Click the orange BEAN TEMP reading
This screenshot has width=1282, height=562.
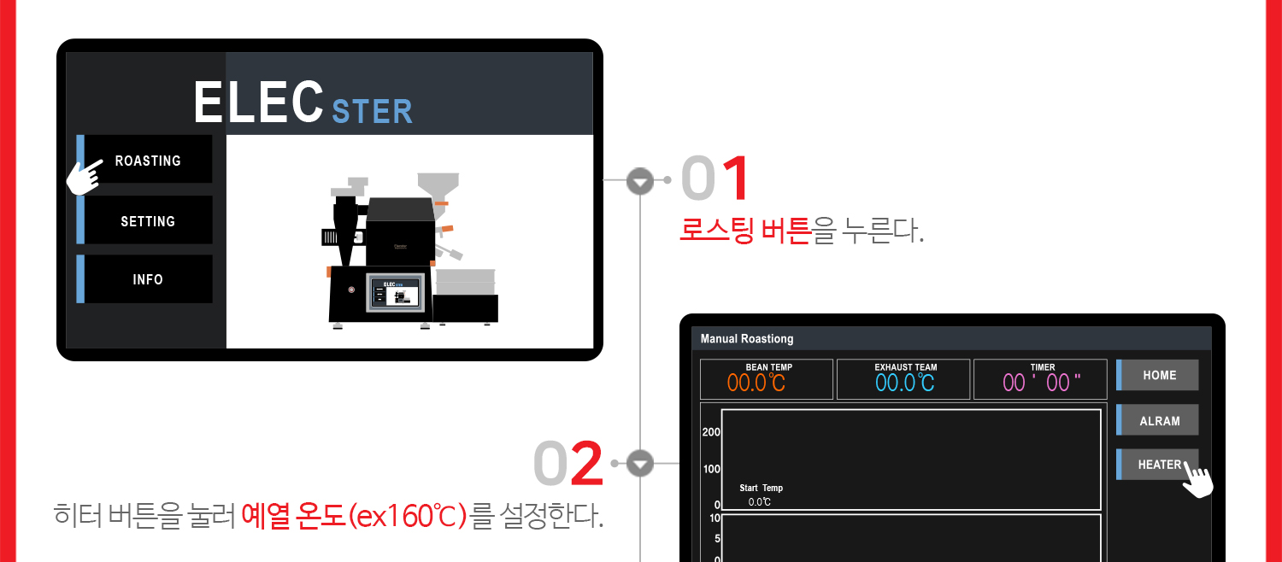click(756, 383)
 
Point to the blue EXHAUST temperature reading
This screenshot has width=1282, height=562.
click(905, 383)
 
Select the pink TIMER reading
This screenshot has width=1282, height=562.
click(1042, 383)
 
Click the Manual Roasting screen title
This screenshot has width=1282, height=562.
click(747, 339)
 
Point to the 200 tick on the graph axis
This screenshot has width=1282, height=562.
click(711, 432)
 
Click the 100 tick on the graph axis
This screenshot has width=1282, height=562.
click(711, 470)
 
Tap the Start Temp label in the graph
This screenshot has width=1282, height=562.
click(761, 488)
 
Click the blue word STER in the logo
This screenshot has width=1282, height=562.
click(372, 112)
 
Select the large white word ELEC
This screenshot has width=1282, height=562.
click(259, 102)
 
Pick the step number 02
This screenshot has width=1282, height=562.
click(567, 463)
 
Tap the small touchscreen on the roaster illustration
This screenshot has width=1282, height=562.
click(396, 293)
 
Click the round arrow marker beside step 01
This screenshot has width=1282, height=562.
click(640, 181)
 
